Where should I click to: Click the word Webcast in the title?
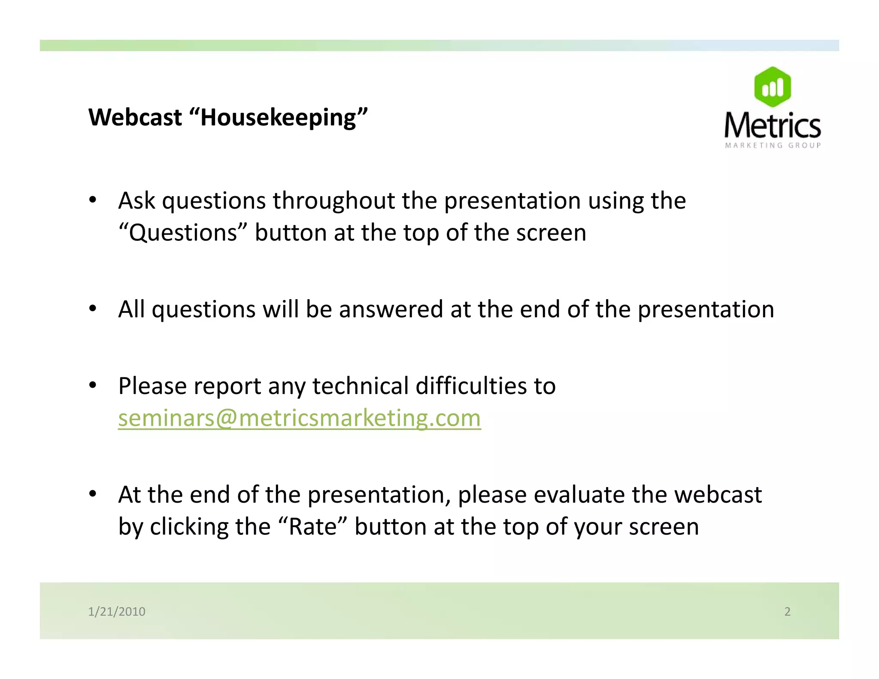(x=135, y=117)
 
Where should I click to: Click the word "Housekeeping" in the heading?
(x=278, y=117)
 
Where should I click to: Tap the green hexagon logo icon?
(x=772, y=87)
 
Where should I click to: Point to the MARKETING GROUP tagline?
(x=773, y=145)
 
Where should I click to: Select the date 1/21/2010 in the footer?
(x=116, y=611)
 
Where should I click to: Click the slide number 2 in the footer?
(x=787, y=611)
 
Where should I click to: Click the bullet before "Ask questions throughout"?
(x=93, y=200)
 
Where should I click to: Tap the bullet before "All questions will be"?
(x=93, y=309)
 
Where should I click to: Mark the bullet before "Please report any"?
(x=93, y=385)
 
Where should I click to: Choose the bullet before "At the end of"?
(x=93, y=494)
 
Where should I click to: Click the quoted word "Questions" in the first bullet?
(x=183, y=233)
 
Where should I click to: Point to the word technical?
(x=360, y=385)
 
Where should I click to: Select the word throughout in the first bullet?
(x=333, y=200)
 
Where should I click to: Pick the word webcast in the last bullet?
(x=718, y=494)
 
